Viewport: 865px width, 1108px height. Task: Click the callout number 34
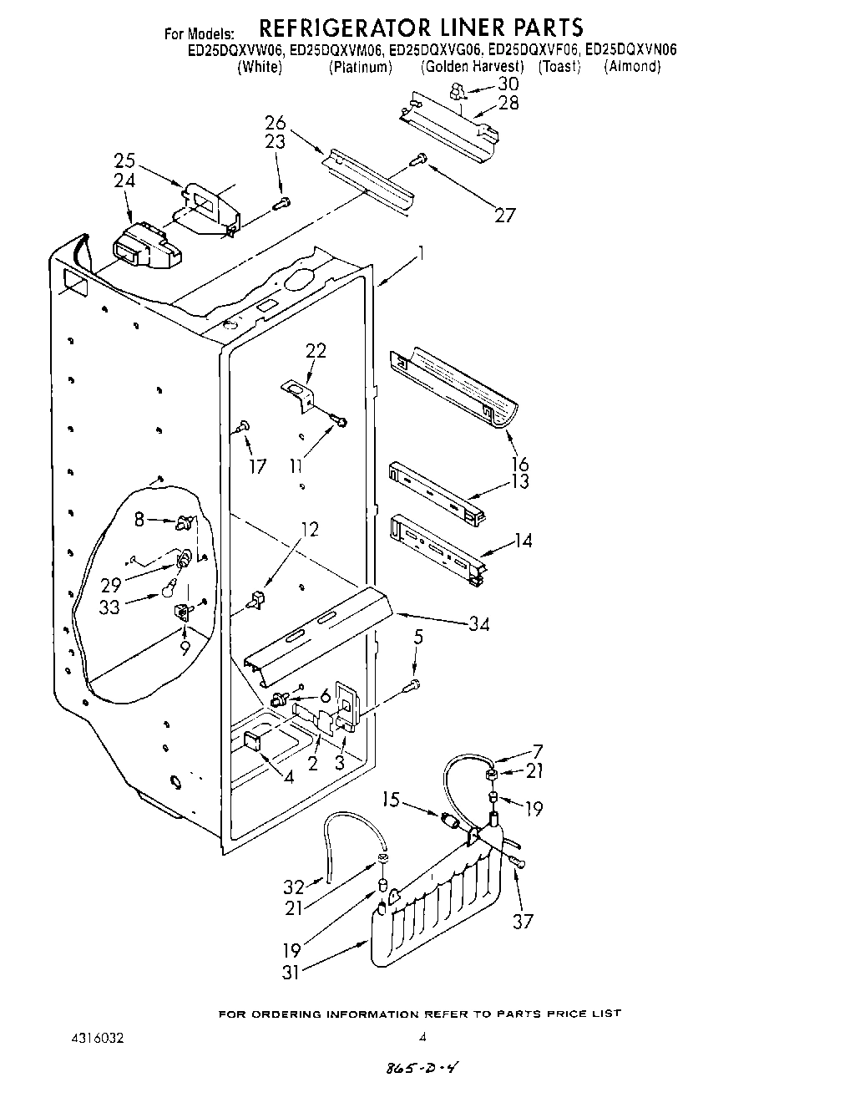(x=478, y=624)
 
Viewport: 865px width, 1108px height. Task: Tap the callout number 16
(x=519, y=464)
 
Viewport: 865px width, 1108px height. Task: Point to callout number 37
(x=524, y=921)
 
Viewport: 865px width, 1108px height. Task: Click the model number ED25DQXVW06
(x=236, y=50)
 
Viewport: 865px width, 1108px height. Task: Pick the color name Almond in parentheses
(x=632, y=67)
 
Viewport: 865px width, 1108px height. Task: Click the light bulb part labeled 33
(x=169, y=591)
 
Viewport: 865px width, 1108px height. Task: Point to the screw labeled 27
(x=420, y=158)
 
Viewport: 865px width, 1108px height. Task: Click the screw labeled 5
(x=412, y=686)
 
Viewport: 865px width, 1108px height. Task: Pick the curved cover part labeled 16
(x=455, y=389)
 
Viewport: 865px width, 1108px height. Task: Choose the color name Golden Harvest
(x=472, y=67)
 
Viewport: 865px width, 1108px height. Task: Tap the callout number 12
(x=309, y=529)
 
